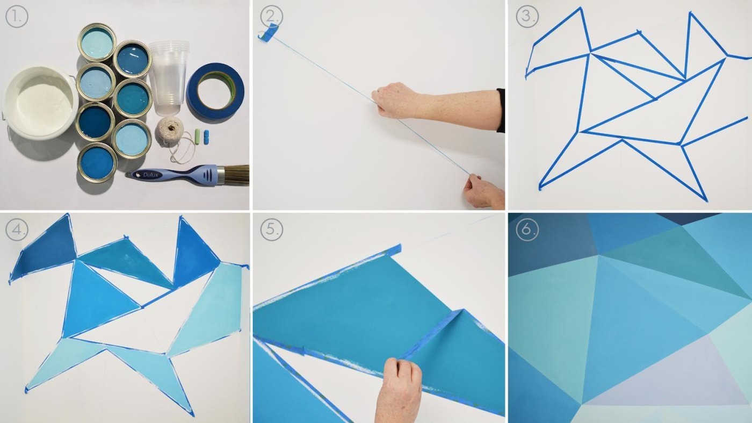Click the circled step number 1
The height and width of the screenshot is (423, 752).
click(x=17, y=16)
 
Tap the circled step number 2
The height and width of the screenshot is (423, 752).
click(x=272, y=16)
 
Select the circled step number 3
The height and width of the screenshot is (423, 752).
click(x=527, y=16)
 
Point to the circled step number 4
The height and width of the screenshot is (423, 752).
click(x=17, y=230)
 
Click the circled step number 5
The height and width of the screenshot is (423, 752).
click(x=272, y=230)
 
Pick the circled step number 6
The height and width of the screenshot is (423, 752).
click(x=527, y=230)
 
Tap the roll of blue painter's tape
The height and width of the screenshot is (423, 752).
click(x=215, y=90)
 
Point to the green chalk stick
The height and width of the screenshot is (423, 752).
click(x=198, y=137)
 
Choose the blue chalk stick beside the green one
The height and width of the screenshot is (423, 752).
click(x=206, y=137)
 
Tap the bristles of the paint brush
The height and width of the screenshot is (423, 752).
click(x=237, y=175)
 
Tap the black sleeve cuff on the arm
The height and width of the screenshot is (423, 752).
click(x=501, y=110)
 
